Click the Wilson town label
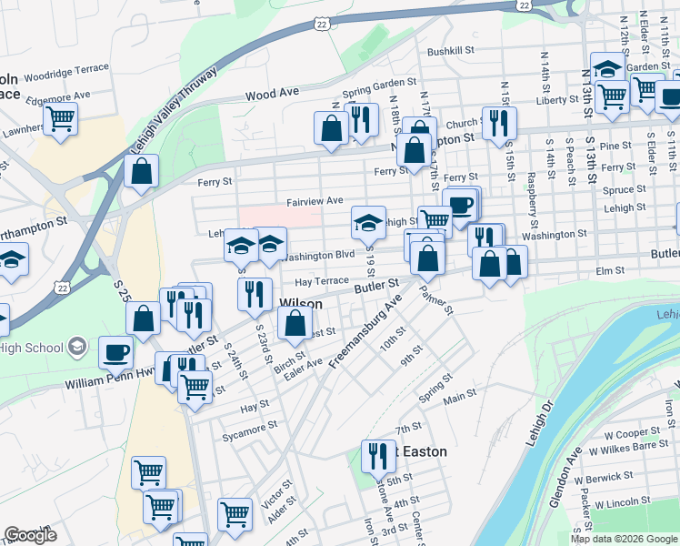tap(300, 302)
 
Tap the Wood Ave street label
tap(273, 94)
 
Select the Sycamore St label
tap(250, 426)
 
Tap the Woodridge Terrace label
tap(66, 68)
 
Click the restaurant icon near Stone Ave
tap(378, 454)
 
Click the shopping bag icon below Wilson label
tap(295, 322)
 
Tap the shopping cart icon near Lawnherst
tap(61, 117)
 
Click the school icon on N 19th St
tap(368, 220)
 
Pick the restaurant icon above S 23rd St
tap(255, 292)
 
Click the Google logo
tap(31, 534)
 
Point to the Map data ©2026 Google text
tap(624, 539)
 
